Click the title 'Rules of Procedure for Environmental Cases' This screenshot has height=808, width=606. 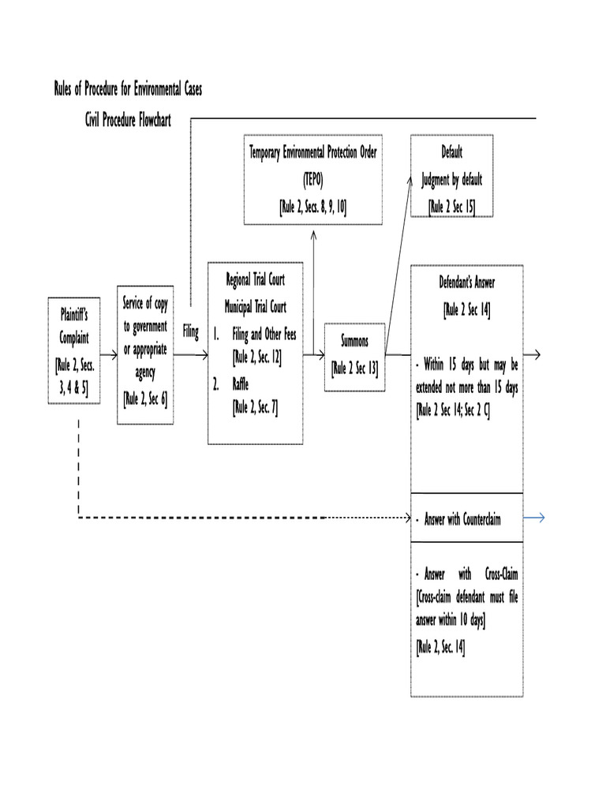128,88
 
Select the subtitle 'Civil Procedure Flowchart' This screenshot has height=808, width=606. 128,120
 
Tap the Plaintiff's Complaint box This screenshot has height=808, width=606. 74,350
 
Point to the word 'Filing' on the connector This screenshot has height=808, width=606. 190,332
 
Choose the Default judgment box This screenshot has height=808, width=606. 452,177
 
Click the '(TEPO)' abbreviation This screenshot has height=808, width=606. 312,178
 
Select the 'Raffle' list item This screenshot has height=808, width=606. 240,384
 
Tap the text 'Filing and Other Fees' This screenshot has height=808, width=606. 264,334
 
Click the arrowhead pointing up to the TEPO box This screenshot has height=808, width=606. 313,234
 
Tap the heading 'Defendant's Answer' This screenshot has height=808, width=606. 467,282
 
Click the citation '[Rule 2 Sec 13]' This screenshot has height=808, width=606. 354,367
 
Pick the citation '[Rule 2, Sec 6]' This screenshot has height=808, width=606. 145,398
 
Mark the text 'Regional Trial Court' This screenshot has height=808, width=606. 255,279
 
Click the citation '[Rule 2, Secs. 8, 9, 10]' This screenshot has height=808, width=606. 312,207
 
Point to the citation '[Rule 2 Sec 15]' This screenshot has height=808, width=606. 452,207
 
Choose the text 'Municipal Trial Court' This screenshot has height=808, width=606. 255,306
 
